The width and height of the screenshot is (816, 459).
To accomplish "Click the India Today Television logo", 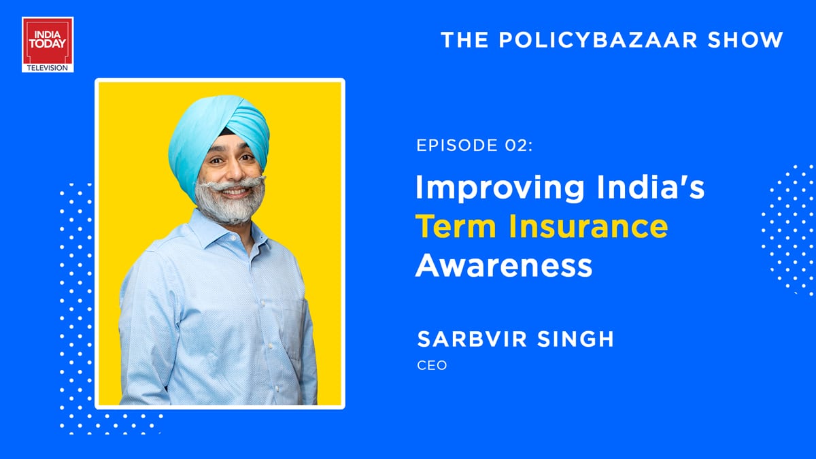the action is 48,44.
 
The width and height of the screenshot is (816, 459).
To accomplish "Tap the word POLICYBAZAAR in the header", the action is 598,39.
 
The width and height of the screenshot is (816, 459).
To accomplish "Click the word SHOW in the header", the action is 745,39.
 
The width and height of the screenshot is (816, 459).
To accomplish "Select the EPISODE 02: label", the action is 475,145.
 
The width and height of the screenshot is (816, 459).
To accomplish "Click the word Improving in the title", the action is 500,188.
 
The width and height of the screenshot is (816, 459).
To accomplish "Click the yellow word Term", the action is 456,226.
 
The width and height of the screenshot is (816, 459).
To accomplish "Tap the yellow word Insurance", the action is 588,226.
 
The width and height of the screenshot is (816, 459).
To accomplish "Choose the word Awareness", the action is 504,265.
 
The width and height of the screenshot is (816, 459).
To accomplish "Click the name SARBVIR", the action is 472,339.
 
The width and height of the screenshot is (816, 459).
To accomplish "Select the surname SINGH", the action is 575,339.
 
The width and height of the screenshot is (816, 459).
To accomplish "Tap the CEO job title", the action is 432,365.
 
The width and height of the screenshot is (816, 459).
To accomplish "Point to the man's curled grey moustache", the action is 231,184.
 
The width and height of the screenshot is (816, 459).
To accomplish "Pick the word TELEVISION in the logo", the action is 48,68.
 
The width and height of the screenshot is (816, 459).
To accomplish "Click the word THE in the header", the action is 464,39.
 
